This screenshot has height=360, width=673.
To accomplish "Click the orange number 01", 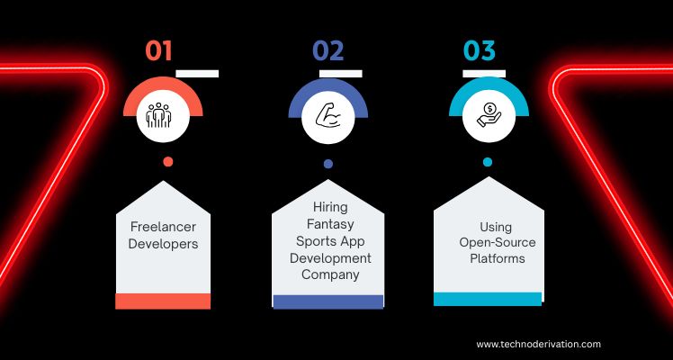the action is click(158, 51).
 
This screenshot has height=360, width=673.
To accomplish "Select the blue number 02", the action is click(328, 51).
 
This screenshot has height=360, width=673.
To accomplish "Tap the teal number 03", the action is click(480, 51).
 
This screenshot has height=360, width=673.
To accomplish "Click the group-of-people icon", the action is click(158, 115).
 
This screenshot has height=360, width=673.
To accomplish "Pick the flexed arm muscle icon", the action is click(328, 116).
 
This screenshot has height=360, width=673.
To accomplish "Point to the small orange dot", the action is click(168, 162).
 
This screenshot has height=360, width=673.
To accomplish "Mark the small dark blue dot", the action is click(328, 164).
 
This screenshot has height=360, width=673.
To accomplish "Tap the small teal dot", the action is click(487, 162).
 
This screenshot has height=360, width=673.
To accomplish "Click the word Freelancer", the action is click(163, 227).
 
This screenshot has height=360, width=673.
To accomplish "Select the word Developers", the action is click(163, 244).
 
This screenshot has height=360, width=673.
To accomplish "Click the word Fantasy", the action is click(330, 224).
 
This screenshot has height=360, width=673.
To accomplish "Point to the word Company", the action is click(330, 275).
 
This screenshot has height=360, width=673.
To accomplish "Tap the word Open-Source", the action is click(498, 243).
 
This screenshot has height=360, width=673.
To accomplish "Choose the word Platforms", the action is click(498, 258).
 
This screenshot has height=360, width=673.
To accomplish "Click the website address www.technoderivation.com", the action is click(538, 344).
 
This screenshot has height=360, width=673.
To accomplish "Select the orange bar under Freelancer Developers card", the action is click(163, 301).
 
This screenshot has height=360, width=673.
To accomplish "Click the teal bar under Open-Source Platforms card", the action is click(488, 299).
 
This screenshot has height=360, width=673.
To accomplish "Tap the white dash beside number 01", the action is click(197, 74).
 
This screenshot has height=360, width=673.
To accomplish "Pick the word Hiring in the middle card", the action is click(330, 208).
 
